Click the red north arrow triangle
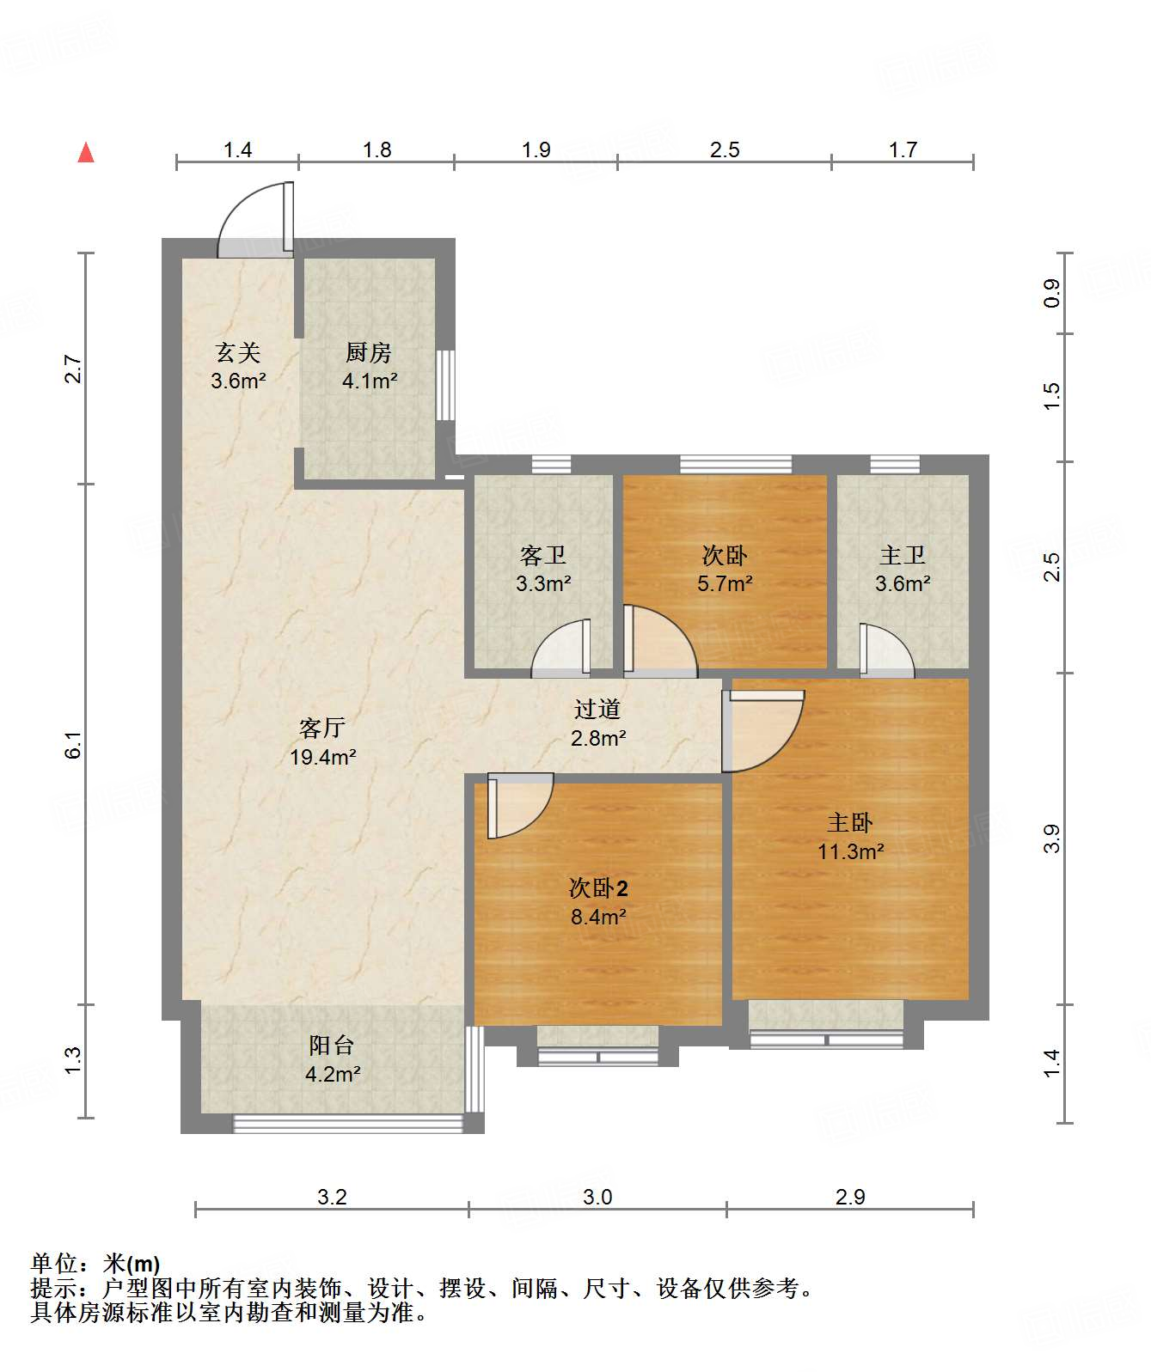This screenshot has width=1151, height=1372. pos(86,152)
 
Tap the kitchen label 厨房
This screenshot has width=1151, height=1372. pos(368,353)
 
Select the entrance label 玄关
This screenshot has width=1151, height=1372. pos(238,353)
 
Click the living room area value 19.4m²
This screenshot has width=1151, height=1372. pos(322,757)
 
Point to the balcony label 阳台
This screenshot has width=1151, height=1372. pos(332,1045)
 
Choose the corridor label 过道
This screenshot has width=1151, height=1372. pos(597,709)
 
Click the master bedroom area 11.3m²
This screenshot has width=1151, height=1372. pos(851,851)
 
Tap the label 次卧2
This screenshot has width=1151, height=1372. pos(598,888)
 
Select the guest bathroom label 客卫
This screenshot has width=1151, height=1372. pos(543,555)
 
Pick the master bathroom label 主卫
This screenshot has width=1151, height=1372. pos(903,555)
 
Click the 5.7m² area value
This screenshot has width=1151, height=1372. pos(725,583)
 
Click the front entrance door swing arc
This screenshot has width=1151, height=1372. pos(236,205)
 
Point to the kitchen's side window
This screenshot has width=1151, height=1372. pos(445,385)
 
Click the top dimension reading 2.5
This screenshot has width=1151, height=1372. pos(725,149)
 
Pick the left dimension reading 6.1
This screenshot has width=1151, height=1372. pos(73,745)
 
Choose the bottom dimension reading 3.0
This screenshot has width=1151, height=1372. pos(597,1198)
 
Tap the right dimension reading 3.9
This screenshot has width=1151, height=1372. pos(1052,839)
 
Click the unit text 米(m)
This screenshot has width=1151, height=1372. pos(132,1264)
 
